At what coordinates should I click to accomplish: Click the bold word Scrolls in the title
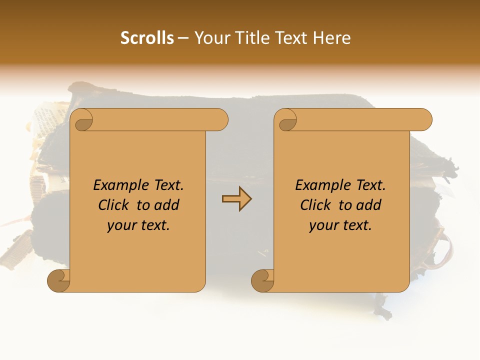coord(147,38)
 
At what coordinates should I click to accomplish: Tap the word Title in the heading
coord(246,38)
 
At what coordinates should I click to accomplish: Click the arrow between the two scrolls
coord(236,199)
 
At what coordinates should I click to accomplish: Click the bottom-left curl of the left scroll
coord(58,280)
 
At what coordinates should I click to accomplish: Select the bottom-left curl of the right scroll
coord(262,280)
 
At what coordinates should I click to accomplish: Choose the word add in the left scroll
coord(167,205)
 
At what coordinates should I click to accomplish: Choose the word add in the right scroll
coord(369,205)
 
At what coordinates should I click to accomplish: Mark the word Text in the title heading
coord(291,38)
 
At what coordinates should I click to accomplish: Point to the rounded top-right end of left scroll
coord(220,120)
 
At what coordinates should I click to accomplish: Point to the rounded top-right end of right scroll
coord(424,120)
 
